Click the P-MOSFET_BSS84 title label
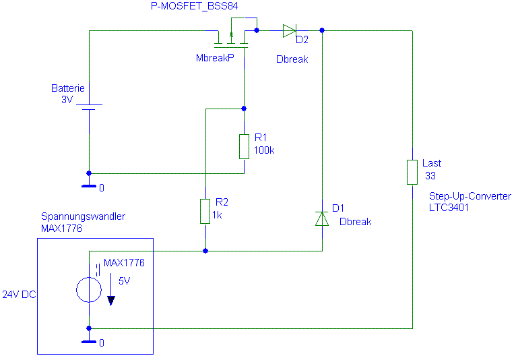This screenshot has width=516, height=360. tap(194, 6)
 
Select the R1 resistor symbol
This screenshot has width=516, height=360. tap(244, 146)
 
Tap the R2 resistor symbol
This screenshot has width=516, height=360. tap(205, 211)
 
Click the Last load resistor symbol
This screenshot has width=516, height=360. tap(412, 172)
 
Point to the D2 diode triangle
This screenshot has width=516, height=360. tap(290, 30)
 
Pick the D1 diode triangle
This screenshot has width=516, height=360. tap(322, 218)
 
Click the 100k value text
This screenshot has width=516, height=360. tap(264, 150)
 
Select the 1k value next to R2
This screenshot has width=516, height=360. tap(217, 215)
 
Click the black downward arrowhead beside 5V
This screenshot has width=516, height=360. tap(111, 301)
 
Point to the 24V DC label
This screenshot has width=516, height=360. tap(19, 295)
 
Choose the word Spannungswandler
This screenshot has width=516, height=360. tap(83, 216)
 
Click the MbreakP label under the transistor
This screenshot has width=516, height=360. tap(215, 58)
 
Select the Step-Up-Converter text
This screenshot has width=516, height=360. tap(470, 196)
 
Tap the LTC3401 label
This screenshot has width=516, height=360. tap(449, 208)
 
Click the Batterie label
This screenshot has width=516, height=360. tap(68, 88)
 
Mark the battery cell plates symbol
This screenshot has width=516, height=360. tap(89, 107)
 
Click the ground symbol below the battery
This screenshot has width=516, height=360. tap(89, 186)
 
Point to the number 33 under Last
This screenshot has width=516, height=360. tap(430, 176)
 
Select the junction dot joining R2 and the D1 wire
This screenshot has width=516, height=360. tap(205, 251)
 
